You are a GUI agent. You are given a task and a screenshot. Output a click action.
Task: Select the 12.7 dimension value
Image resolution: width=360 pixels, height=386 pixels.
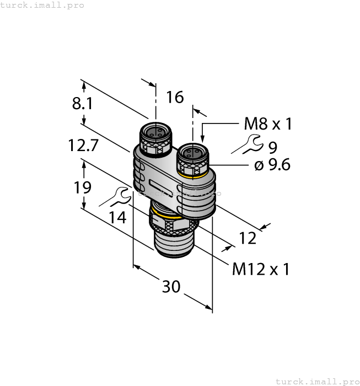(x=83, y=146)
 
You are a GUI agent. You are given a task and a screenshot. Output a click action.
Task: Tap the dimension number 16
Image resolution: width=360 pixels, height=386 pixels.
(x=175, y=98)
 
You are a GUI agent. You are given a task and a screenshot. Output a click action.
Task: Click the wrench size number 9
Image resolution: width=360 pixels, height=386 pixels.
(x=273, y=147)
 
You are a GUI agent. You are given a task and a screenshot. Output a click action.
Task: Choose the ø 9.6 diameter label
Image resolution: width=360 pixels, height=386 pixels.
(x=272, y=164)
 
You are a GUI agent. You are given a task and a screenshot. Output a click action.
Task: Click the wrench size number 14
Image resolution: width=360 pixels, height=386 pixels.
(x=117, y=217)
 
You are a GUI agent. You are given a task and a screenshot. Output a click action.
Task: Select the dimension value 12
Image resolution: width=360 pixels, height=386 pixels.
(x=248, y=238)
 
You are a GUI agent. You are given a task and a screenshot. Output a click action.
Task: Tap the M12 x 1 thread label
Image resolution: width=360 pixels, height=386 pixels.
(x=261, y=269)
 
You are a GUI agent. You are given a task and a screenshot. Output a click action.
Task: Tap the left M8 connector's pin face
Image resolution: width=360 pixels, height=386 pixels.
(x=154, y=132)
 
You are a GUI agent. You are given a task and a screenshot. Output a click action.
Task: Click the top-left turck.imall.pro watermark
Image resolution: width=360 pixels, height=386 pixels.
(x=42, y=5)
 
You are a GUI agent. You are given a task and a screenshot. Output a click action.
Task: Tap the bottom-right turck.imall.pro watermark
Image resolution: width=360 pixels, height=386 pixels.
(x=316, y=381)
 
